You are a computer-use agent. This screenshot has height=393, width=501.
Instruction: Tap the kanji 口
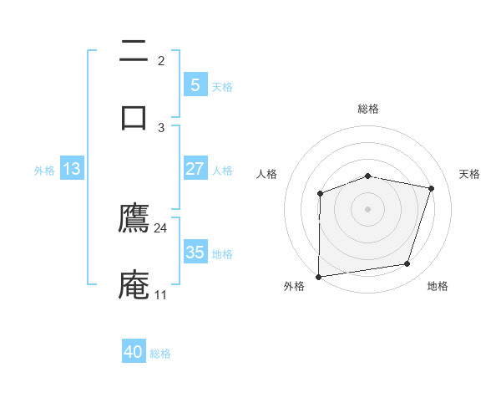134,116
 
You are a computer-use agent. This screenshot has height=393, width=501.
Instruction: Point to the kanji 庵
134,284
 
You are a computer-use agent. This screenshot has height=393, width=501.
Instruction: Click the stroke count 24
160,228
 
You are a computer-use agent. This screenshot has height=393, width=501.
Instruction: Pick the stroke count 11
160,295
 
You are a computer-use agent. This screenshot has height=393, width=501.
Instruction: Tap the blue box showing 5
195,85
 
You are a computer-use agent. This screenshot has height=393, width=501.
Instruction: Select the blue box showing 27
195,169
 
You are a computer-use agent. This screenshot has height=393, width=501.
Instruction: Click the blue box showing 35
195,253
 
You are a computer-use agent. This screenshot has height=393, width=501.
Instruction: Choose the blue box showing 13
72,169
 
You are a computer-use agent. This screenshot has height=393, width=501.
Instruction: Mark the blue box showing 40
134,352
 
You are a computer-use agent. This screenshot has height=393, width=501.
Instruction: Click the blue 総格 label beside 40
160,354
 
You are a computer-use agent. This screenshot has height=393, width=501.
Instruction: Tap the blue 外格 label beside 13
44,171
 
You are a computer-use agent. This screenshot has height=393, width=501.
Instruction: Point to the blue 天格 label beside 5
222,87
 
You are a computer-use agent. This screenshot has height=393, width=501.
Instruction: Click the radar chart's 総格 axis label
368,109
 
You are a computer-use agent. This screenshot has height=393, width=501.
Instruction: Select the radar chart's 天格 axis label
469,174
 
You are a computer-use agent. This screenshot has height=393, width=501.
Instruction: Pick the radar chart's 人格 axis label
267,174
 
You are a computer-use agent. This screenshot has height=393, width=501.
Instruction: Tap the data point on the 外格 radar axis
319,276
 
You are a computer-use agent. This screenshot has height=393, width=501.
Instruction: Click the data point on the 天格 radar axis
432,188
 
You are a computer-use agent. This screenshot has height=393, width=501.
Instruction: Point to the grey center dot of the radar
368,208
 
